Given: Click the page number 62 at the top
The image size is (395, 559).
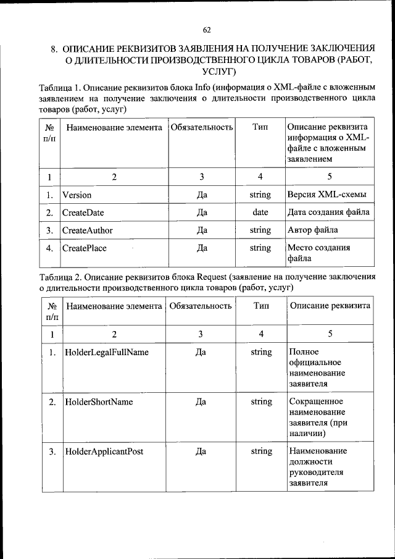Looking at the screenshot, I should click(x=206, y=30).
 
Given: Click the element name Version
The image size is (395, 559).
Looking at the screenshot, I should click(x=77, y=195).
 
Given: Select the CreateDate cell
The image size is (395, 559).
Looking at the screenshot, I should click(x=83, y=212).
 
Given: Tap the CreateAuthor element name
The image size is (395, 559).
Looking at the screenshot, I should click(x=87, y=230).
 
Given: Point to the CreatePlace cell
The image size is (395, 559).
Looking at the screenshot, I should click(x=84, y=248).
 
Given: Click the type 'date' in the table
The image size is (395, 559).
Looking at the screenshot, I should click(x=260, y=212).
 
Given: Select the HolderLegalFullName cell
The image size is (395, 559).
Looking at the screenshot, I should click(x=106, y=352).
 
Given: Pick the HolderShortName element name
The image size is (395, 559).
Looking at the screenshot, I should click(x=99, y=401).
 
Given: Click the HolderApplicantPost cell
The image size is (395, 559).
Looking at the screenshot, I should click(x=104, y=451).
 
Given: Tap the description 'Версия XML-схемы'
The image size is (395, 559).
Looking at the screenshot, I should click(x=327, y=195).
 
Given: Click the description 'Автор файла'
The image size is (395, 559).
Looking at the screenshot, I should click(x=313, y=230).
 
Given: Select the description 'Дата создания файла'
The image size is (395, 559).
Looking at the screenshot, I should click(x=328, y=212).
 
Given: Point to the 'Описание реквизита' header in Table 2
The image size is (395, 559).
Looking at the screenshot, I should click(x=330, y=306).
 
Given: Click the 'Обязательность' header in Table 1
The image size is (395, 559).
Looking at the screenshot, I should click(x=201, y=127).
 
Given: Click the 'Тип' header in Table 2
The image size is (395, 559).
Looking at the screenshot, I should click(x=261, y=306).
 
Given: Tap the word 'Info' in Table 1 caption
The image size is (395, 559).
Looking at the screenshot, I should click(x=204, y=87).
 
